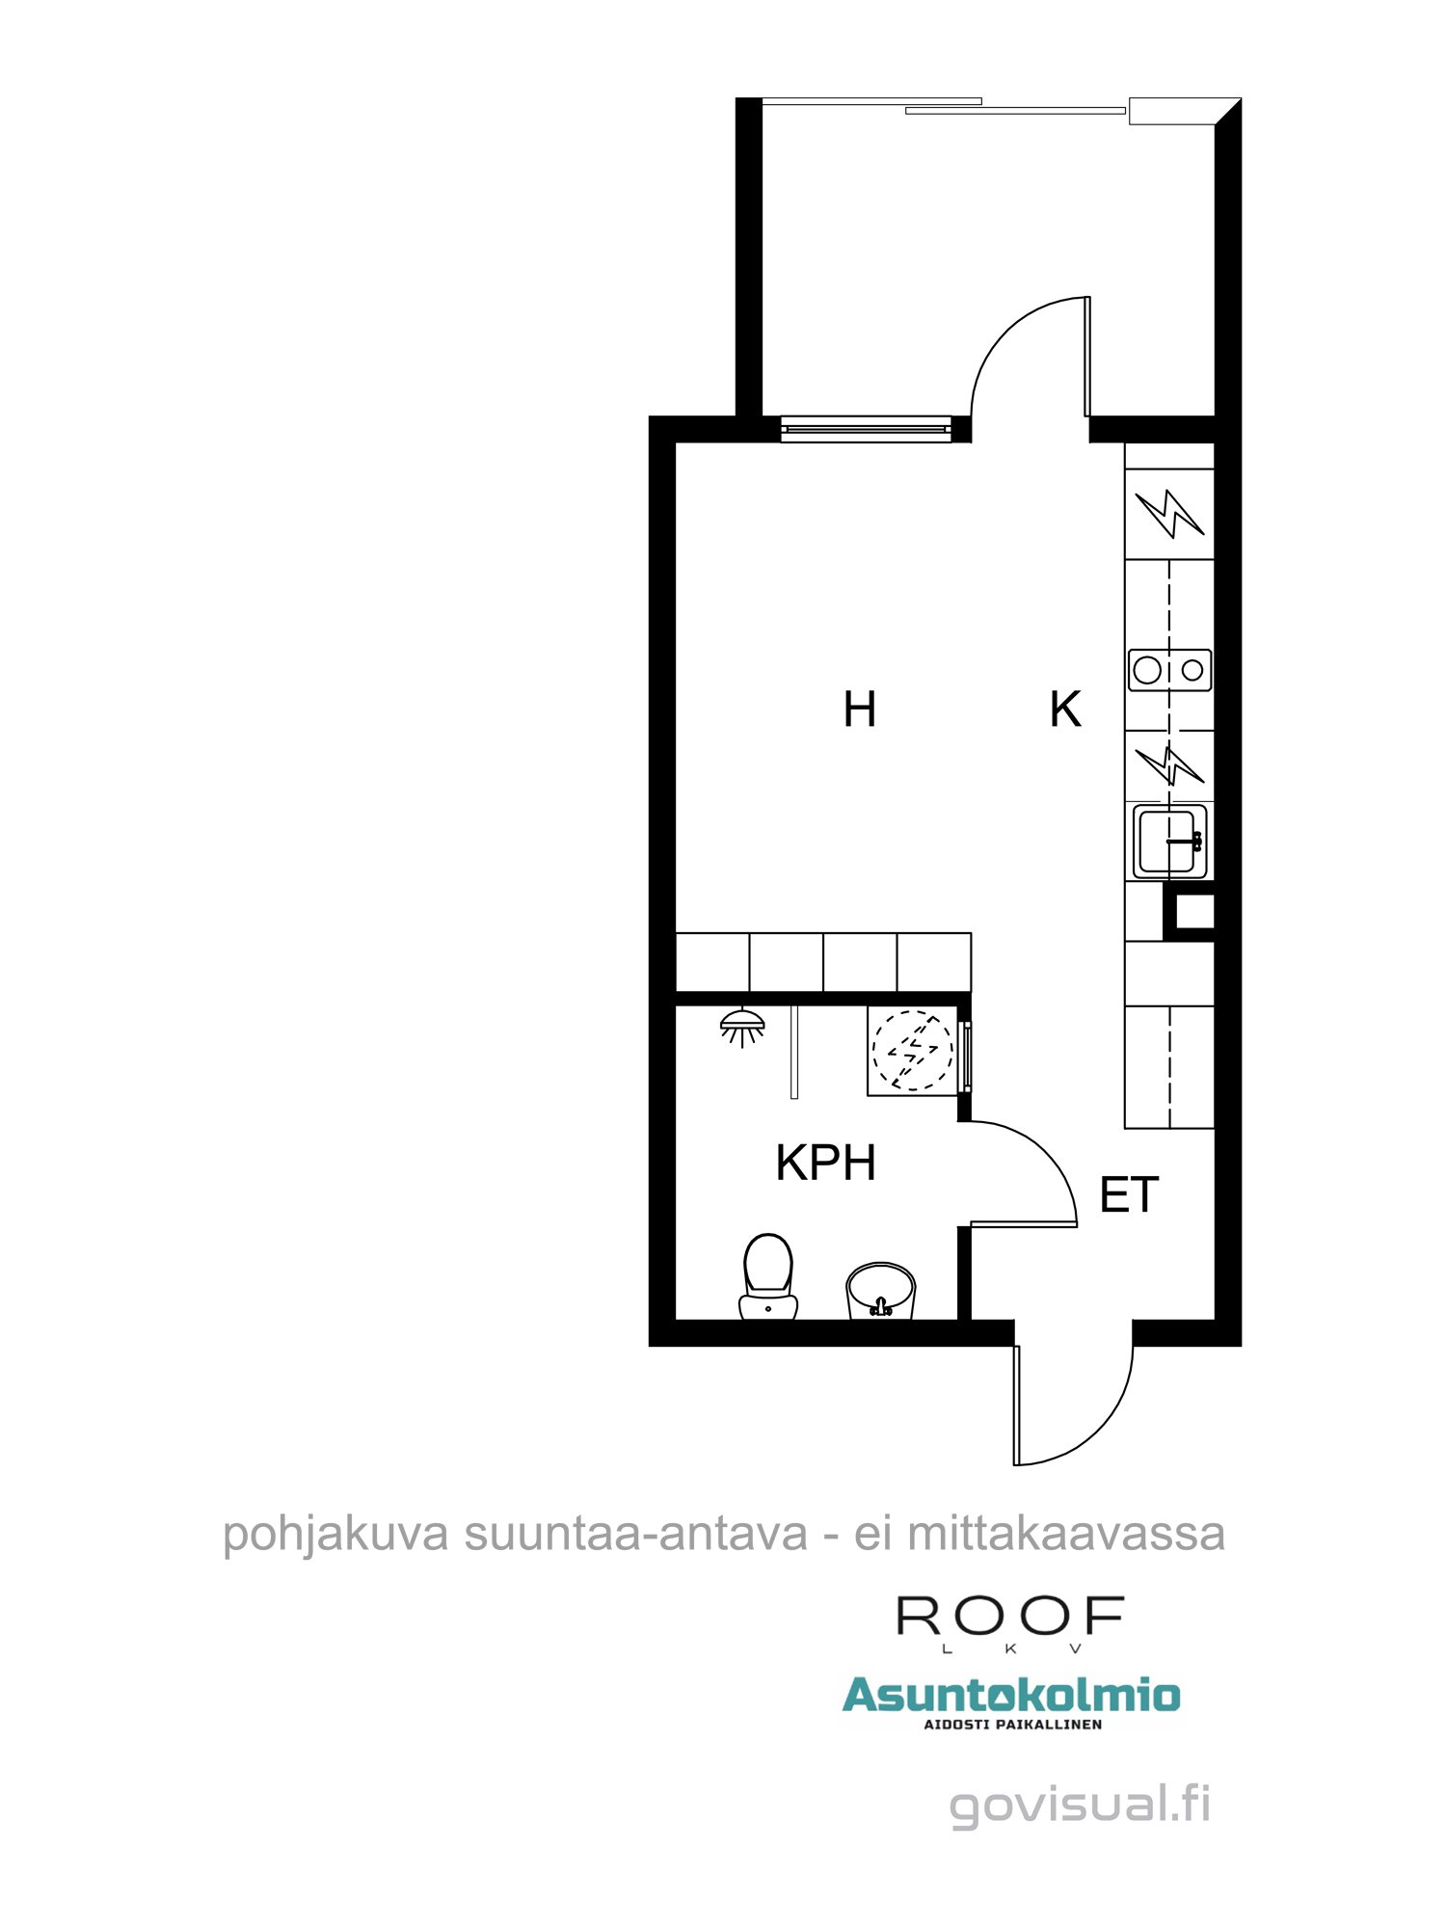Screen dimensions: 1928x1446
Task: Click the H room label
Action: click(x=859, y=710)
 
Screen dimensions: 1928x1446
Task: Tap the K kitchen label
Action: click(x=1065, y=710)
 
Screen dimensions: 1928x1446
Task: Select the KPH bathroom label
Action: click(x=826, y=1164)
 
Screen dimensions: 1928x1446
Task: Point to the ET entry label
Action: click(x=1129, y=1196)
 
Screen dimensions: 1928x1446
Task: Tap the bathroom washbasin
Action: click(x=880, y=1289)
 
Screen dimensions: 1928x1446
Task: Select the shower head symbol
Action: click(x=742, y=1026)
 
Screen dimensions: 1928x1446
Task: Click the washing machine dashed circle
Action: click(x=912, y=1050)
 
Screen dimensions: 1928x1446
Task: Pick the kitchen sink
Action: click(x=1169, y=841)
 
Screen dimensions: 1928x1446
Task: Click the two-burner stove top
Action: click(x=1169, y=669)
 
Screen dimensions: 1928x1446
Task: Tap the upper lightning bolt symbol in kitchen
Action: click(x=1169, y=513)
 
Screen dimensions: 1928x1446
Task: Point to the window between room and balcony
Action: click(x=865, y=429)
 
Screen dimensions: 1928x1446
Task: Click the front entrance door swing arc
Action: click(x=1099, y=1427)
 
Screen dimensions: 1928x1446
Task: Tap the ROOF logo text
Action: click(x=1010, y=1617)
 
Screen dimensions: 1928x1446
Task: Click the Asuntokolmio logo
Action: click(x=1011, y=1696)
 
